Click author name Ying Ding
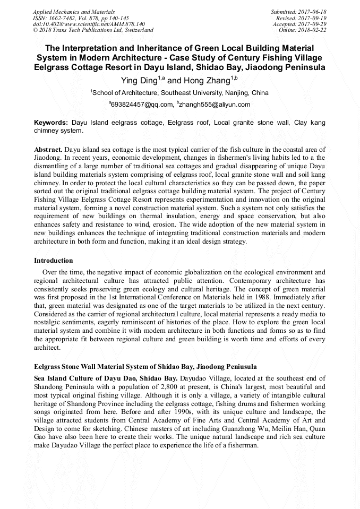(139, 81)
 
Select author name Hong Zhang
(204, 81)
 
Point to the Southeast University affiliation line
(179, 92)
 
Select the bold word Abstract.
(48, 150)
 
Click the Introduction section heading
(54, 261)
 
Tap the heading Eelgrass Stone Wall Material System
(145, 367)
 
